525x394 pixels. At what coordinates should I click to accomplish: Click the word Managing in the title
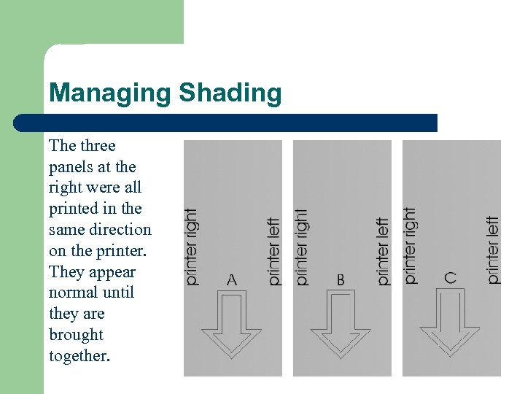[110, 94]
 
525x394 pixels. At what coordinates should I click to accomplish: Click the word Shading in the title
[230, 94]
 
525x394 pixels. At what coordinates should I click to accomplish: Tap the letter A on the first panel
[232, 279]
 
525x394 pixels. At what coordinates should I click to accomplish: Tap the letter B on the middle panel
[341, 279]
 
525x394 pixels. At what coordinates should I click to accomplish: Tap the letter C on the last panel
[450, 278]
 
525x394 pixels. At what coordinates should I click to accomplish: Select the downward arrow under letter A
[232, 324]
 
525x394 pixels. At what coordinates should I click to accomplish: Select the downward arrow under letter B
[341, 324]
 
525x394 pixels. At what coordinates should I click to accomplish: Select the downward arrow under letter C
[450, 322]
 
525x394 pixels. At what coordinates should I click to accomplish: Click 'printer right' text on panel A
[192, 247]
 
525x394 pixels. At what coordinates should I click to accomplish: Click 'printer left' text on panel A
[273, 252]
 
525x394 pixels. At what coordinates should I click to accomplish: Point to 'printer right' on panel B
[301, 247]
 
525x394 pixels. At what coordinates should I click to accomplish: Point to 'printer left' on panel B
[383, 252]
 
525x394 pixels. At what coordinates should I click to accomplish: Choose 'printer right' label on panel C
[410, 246]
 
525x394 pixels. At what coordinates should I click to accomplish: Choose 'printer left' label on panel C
[493, 250]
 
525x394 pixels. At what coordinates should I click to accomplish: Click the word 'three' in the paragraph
[98, 146]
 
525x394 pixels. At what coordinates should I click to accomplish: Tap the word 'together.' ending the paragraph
[79, 356]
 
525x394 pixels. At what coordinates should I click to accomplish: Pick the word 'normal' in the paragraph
[69, 293]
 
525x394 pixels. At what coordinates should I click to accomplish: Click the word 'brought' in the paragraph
[76, 335]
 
